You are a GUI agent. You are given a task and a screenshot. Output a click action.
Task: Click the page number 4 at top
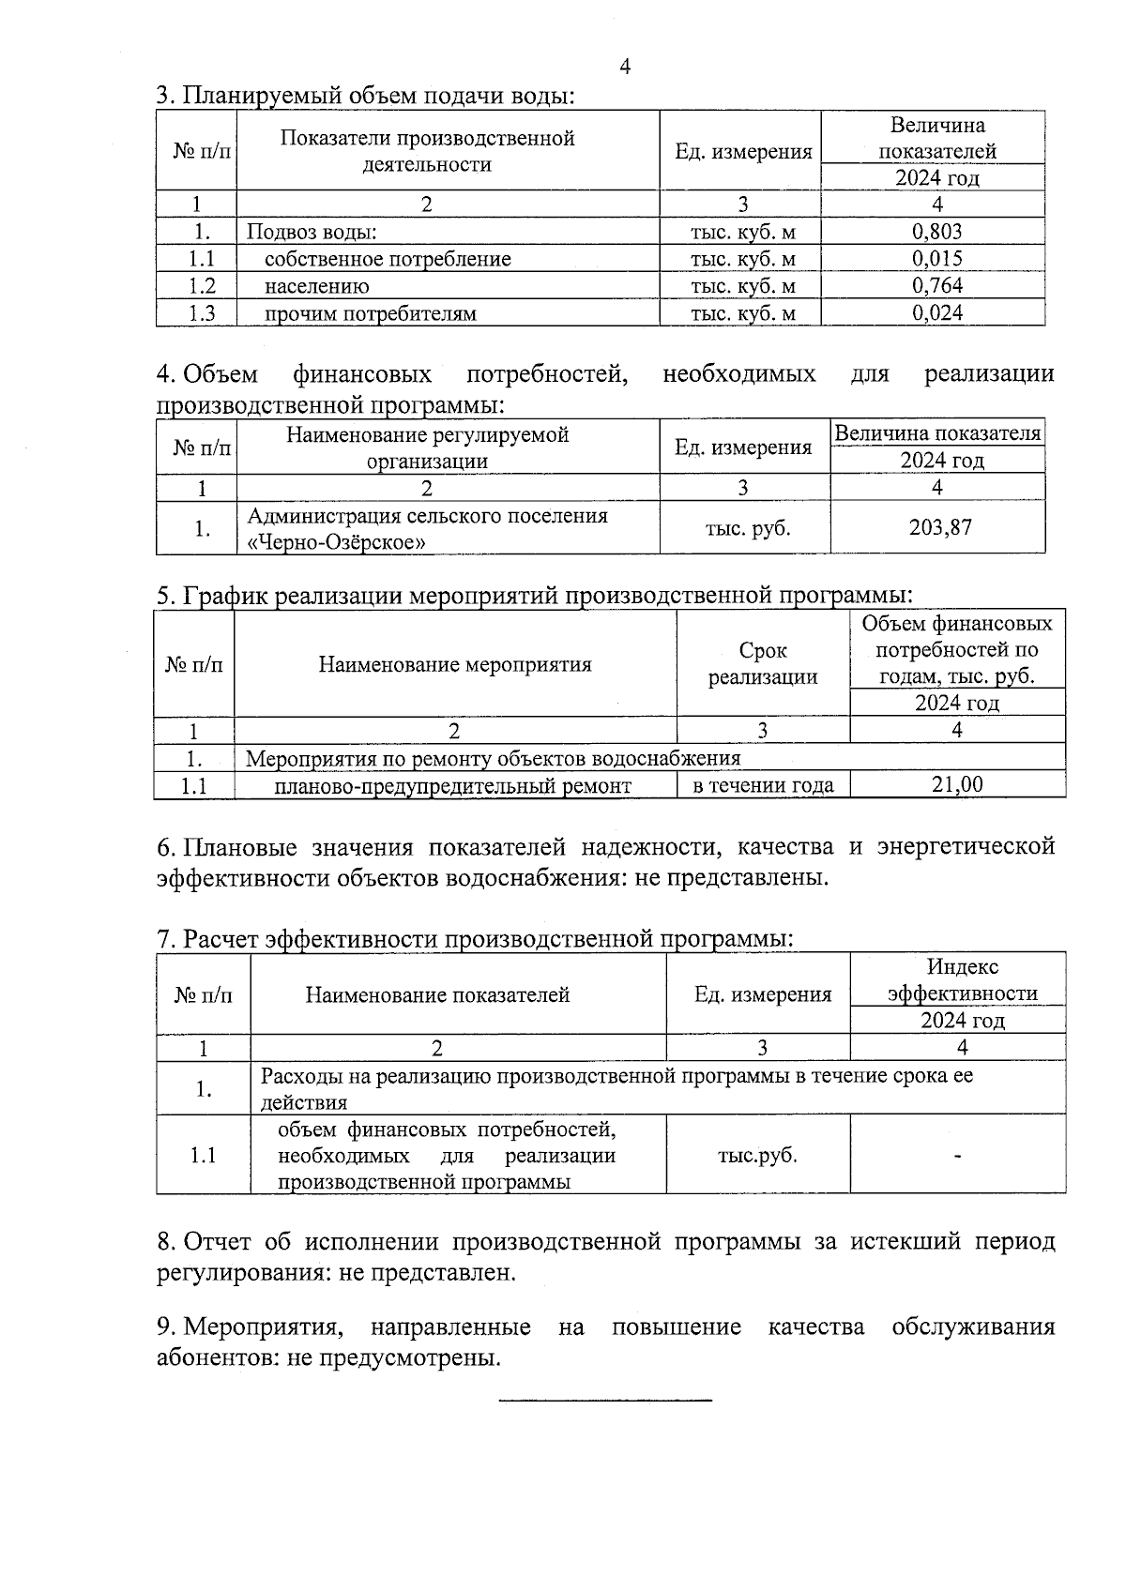625,66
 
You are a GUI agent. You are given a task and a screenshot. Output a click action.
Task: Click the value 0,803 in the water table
936,232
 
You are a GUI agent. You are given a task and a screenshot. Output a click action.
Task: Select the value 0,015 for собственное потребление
936,259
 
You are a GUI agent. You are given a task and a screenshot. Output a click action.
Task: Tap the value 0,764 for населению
936,286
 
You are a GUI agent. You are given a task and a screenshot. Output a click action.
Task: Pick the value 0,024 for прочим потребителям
936,313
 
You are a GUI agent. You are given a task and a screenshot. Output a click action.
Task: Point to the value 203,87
940,527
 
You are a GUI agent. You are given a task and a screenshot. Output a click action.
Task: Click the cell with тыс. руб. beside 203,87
747,528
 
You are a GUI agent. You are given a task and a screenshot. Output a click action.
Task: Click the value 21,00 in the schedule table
957,785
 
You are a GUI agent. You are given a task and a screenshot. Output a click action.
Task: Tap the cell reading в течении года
763,785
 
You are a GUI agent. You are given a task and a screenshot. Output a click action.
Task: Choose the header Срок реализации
763,664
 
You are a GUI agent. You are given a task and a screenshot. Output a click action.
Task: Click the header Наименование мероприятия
455,665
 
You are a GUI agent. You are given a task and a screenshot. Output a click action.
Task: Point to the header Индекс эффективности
963,980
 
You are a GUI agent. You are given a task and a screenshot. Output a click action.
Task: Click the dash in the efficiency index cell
958,1157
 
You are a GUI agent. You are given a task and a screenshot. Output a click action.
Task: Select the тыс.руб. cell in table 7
757,1156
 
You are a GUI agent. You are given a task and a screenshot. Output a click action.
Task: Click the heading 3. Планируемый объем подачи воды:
365,96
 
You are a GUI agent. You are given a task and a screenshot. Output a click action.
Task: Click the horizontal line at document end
605,1401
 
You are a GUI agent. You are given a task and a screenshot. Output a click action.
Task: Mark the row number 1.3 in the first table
202,313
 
